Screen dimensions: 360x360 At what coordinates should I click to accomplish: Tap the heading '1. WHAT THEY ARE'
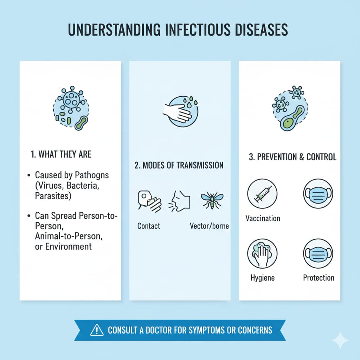click(x=61, y=154)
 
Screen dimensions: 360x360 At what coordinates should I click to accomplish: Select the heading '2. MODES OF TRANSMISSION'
click(x=179, y=165)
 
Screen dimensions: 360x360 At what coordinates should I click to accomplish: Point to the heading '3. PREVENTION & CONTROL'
click(x=292, y=157)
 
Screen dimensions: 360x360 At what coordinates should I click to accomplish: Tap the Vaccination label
click(x=263, y=218)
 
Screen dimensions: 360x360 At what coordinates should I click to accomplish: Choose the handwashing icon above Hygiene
click(x=262, y=254)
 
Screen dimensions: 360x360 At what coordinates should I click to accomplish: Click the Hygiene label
click(x=263, y=278)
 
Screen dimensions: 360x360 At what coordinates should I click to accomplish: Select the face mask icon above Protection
click(x=318, y=254)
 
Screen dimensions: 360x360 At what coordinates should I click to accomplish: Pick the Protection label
click(x=319, y=278)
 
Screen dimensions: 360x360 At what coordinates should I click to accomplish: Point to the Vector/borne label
click(x=209, y=226)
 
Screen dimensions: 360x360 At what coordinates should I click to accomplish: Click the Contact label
click(x=149, y=226)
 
